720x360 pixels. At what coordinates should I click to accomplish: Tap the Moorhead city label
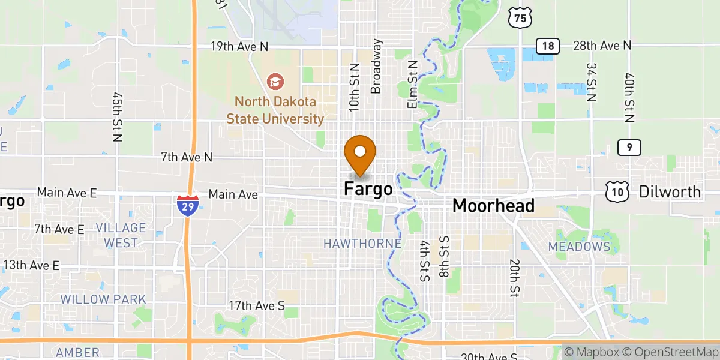coord(493,206)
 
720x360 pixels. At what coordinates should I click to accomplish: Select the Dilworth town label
coord(670,192)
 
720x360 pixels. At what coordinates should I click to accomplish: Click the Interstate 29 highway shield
coord(188,205)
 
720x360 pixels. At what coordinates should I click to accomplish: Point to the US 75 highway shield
coord(520,18)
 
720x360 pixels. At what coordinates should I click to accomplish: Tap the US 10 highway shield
coord(617,192)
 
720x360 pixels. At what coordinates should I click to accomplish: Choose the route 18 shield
coord(548,46)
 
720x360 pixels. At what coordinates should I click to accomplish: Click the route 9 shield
coord(629,147)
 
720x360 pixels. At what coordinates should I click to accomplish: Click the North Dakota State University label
coord(275,110)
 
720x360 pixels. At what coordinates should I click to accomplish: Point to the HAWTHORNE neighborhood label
coord(362,244)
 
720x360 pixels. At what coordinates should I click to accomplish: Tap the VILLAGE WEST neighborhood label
coord(121,235)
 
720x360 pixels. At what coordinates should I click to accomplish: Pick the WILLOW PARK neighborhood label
coord(103,299)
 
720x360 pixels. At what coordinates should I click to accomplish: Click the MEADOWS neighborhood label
coord(579,247)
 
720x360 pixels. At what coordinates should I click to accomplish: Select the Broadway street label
coord(376,66)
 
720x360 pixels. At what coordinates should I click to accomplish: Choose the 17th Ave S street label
coord(257,306)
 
